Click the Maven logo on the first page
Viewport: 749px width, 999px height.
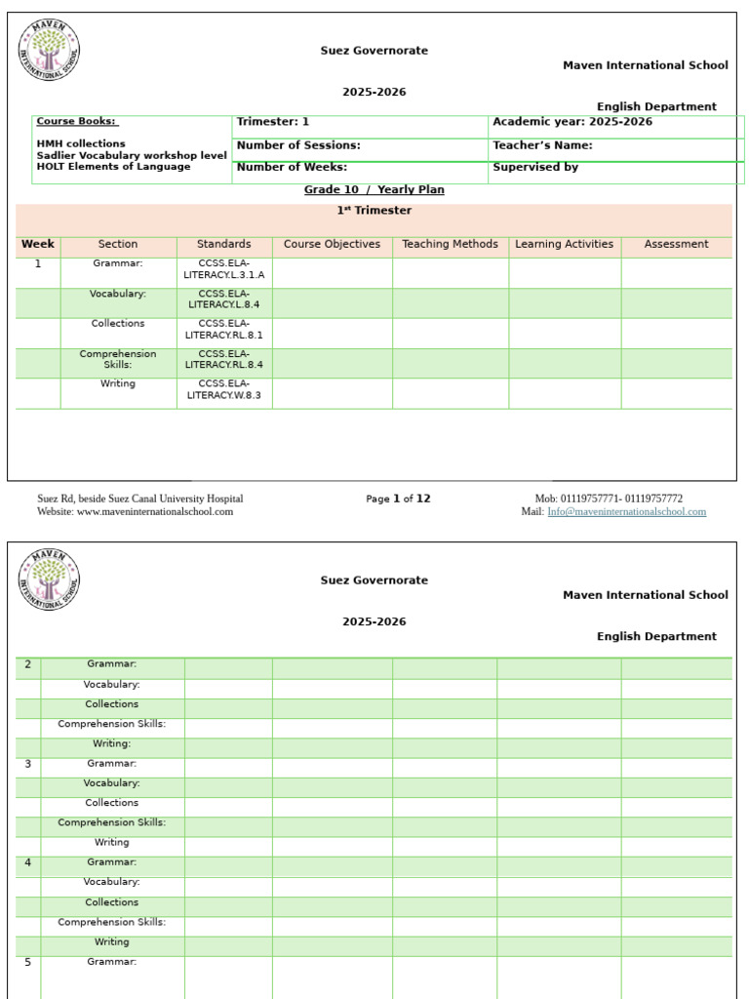[x=49, y=51]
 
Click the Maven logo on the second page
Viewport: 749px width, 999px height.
[x=49, y=580]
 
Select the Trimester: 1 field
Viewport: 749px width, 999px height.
[x=273, y=122]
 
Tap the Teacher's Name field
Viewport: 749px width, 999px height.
[x=542, y=145]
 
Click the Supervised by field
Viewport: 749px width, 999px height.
[x=535, y=167]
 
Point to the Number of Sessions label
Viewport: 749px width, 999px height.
[x=298, y=145]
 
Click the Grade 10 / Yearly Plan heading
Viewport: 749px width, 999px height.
[x=374, y=189]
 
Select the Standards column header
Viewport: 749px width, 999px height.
[x=223, y=244]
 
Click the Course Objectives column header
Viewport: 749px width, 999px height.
[x=332, y=244]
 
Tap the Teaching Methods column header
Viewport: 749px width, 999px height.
[x=450, y=244]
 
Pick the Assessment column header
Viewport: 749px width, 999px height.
[x=676, y=244]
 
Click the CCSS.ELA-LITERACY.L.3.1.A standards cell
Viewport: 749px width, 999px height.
[x=223, y=269]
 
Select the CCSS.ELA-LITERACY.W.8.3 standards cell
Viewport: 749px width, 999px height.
[x=223, y=389]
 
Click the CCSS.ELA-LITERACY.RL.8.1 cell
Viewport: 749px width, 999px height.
[x=223, y=329]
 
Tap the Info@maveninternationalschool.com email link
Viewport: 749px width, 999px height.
[x=626, y=511]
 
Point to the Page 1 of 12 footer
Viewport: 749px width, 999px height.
[x=398, y=499]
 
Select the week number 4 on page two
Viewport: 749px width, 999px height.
[x=27, y=862]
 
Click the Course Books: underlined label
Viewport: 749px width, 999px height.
[x=77, y=122]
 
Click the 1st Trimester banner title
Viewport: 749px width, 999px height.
[x=374, y=211]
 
